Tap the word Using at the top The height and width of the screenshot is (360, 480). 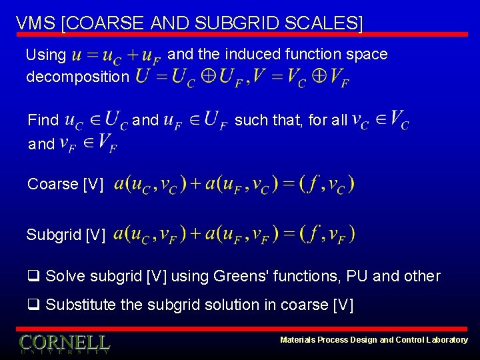[45, 54]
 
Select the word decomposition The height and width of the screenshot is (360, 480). [77, 77]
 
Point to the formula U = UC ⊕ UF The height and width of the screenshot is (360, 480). [191, 79]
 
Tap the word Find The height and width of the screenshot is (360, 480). [43, 120]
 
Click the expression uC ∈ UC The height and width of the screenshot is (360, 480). [97, 120]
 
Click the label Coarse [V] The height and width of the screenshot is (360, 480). [65, 184]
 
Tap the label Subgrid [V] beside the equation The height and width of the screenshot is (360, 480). [65, 235]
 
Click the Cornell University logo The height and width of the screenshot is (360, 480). [64, 343]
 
